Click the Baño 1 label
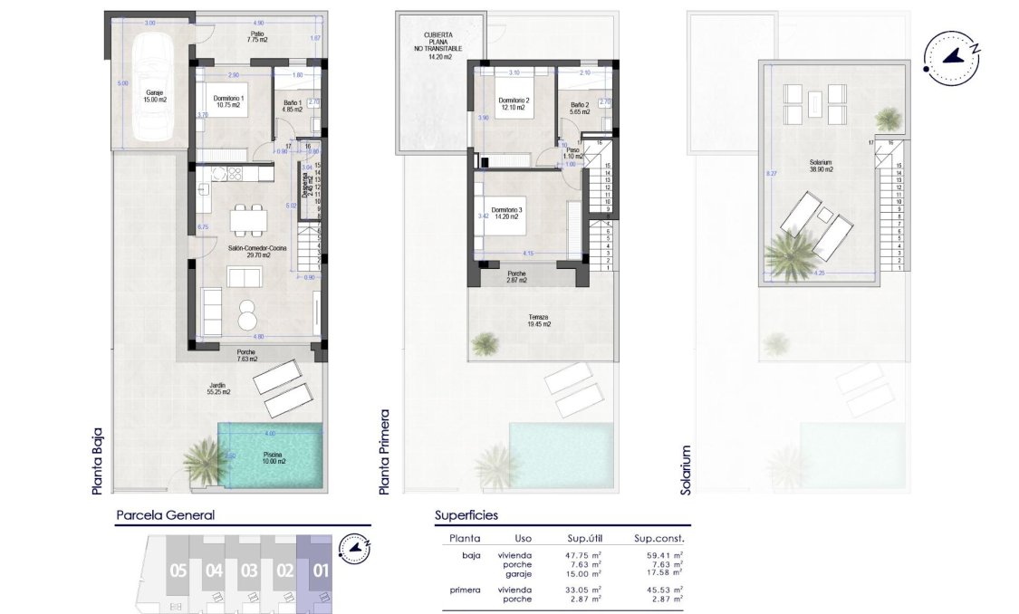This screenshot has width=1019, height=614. pyautogui.click(x=292, y=106)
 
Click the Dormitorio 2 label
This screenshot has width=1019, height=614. pyautogui.click(x=514, y=104)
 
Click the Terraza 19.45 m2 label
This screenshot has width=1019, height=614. pyautogui.click(x=538, y=321)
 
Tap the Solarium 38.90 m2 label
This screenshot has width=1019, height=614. pyautogui.click(x=823, y=167)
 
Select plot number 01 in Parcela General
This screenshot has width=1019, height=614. pyautogui.click(x=321, y=571)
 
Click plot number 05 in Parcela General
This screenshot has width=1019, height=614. pyautogui.click(x=178, y=571)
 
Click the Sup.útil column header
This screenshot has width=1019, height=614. pyautogui.click(x=587, y=538)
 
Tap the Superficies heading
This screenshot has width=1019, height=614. pyautogui.click(x=466, y=515)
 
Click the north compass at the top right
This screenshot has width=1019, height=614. pyautogui.click(x=950, y=56)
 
